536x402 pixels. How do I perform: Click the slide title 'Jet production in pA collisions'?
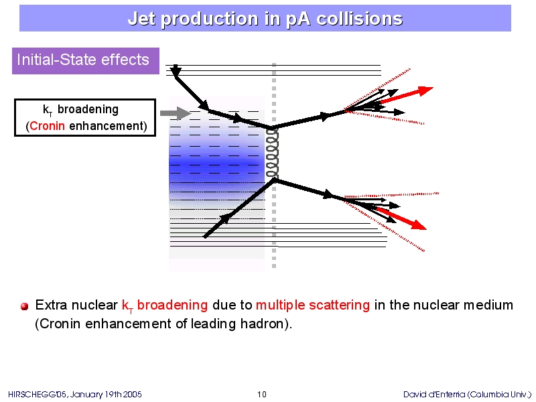click(x=265, y=19)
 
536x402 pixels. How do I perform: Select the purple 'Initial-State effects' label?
click(x=86, y=61)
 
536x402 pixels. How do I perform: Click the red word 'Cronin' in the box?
click(x=47, y=126)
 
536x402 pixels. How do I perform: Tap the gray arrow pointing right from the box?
click(x=176, y=113)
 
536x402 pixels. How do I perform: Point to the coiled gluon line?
click(x=272, y=153)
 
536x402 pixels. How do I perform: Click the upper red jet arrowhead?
click(x=425, y=90)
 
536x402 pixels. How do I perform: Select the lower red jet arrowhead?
click(x=419, y=225)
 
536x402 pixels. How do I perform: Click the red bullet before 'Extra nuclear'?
click(x=24, y=306)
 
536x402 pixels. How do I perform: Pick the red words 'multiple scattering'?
click(x=313, y=305)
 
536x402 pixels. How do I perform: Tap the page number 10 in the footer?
click(x=262, y=394)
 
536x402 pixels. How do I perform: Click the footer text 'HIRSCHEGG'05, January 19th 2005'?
click(x=74, y=395)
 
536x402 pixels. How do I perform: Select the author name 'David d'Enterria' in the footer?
click(x=434, y=395)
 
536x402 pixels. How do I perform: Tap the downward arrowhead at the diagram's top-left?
click(x=176, y=71)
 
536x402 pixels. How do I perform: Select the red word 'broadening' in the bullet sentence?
click(x=172, y=305)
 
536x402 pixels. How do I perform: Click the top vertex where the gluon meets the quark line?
click(x=273, y=128)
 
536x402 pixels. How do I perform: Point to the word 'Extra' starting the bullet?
click(x=50, y=305)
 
